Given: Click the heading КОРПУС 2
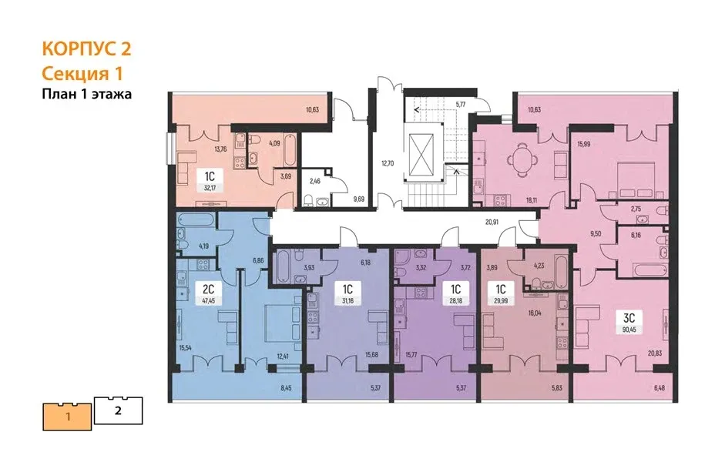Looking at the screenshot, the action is pos(87,49).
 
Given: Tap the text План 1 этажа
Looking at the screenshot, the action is pos(87,94).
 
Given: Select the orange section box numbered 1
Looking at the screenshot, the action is pos(68,417).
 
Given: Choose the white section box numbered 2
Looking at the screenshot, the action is pos(119,410).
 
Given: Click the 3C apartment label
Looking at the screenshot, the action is pos(629,318).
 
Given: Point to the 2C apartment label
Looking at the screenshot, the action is pos(209,290).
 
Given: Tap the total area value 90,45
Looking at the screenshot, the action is pos(629,330).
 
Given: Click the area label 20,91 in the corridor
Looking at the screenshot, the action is pos(492,222).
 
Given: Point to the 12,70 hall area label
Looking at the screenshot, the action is pos(388,162).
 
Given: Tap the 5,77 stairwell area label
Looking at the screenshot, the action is pos(461,105).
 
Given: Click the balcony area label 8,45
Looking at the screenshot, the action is pos(286,388).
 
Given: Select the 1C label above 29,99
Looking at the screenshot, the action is pos(501,290).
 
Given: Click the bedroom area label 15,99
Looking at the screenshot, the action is pos(583,144).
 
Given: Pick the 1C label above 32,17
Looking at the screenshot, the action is pos(210,176).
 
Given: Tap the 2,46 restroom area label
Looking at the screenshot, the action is pos(314,181).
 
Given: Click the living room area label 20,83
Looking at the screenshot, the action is pos(655,353).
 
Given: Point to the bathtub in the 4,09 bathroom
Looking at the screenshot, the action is pos(289,149).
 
